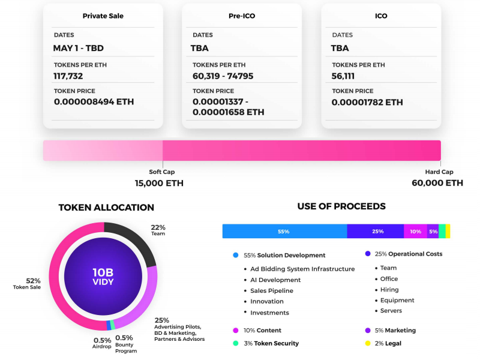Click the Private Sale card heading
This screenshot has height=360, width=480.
[103, 16]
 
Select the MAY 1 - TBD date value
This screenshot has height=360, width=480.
[79, 48]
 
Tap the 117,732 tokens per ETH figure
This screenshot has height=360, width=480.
[68, 76]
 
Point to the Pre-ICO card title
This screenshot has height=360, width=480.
[242, 16]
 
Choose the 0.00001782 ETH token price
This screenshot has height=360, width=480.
[367, 102]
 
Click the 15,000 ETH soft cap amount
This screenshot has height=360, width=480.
[159, 183]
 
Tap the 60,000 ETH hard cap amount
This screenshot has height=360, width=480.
[437, 183]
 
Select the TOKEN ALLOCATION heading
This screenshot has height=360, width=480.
[106, 208]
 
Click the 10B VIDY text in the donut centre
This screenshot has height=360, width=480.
[103, 276]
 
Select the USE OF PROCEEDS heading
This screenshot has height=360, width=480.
[341, 206]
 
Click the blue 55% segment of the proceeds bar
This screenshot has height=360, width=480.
[284, 231]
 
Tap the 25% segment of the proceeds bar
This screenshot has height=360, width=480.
[376, 231]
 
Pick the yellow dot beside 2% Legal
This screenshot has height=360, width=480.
[367, 344]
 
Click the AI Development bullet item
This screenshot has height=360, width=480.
[275, 280]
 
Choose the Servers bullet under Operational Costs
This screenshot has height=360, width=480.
[391, 311]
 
